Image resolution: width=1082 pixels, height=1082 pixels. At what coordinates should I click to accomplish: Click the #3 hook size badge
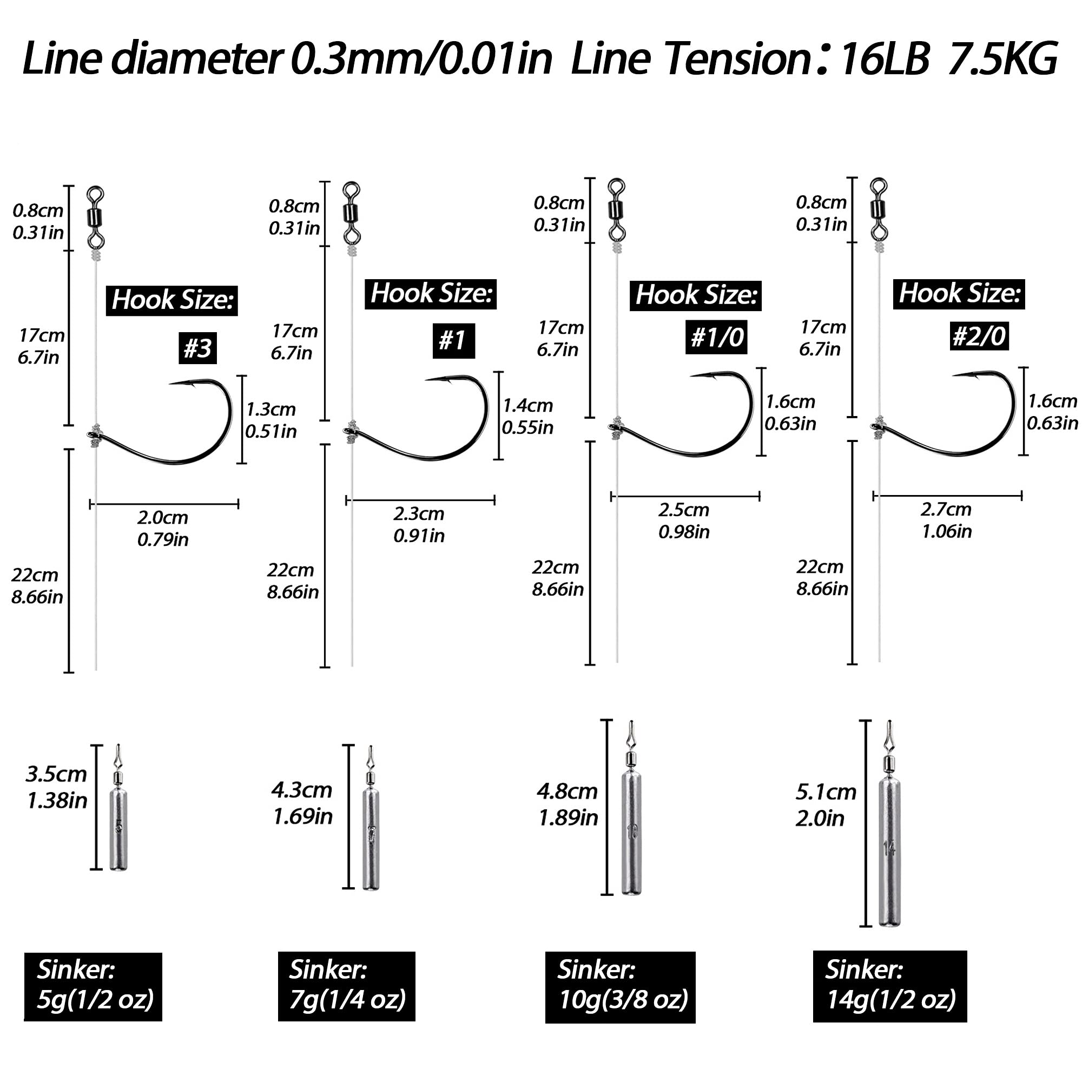197,348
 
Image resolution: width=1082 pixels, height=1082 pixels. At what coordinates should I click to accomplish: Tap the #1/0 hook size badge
716,337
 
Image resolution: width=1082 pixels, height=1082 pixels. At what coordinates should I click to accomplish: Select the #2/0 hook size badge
980,335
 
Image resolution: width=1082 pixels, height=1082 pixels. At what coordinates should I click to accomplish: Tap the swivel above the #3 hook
96,219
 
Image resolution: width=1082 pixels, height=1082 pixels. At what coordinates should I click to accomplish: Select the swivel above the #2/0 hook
878,210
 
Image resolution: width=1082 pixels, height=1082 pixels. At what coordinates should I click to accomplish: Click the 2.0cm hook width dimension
163,527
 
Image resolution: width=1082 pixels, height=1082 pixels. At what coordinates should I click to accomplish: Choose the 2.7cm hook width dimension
946,520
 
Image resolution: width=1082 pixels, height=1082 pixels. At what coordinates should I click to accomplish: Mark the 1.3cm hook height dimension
270,420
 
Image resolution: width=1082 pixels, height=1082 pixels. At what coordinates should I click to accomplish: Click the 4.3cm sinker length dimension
302,803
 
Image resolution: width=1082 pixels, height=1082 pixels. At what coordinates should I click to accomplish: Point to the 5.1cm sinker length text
826,805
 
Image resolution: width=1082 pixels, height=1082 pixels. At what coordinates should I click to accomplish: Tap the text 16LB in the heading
886,60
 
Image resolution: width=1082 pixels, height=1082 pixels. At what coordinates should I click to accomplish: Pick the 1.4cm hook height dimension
527,416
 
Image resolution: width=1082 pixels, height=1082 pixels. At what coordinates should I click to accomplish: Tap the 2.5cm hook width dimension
684,520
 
